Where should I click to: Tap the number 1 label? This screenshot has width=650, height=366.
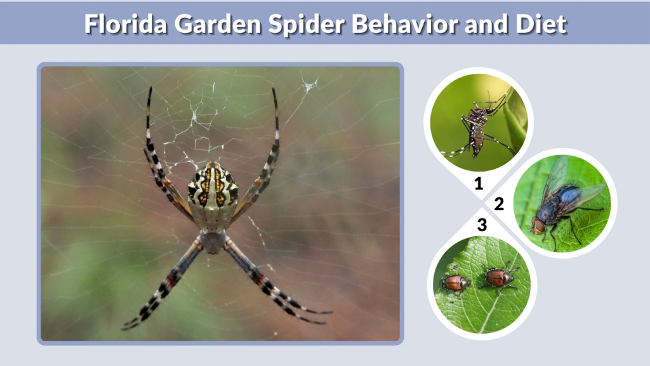click(479, 184)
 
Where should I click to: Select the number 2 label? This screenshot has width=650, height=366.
click(499, 204)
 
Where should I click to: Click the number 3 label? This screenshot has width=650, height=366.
click(482, 224)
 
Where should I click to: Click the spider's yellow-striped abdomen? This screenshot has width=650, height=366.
click(213, 187)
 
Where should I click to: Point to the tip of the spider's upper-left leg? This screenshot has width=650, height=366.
click(150, 88)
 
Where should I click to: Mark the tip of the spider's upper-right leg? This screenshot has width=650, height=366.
click(274, 89)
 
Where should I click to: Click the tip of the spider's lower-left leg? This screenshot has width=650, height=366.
click(124, 327)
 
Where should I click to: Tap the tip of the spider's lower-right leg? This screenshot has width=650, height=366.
click(330, 313)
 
